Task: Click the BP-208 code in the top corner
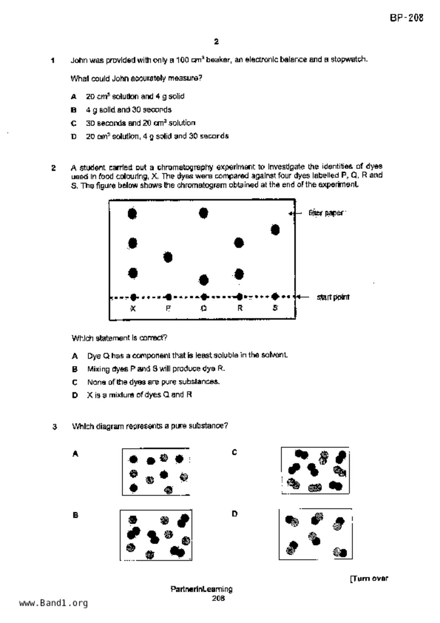tap(407, 18)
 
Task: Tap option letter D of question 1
tap(74, 136)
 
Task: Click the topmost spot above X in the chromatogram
tap(132, 214)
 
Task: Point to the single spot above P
tap(168, 257)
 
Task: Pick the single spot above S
tap(275, 230)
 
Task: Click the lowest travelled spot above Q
tap(204, 280)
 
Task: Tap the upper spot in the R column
tap(239, 243)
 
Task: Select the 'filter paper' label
tap(326, 213)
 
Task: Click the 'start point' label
tap(333, 297)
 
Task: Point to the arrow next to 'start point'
tap(304, 297)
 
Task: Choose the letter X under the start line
tap(133, 308)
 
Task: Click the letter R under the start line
tap(240, 308)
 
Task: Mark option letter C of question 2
tap(75, 382)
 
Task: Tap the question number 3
tap(55, 427)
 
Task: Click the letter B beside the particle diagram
tap(75, 515)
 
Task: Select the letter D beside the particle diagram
tap(234, 514)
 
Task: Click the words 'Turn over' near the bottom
tap(370, 579)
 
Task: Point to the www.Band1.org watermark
tap(53, 603)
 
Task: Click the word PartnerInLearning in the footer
tap(201, 589)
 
